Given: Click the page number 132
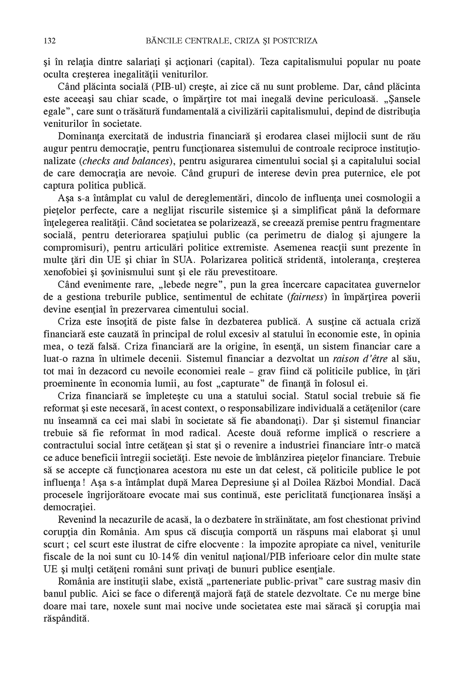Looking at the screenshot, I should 49,41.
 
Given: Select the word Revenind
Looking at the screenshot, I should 77,518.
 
